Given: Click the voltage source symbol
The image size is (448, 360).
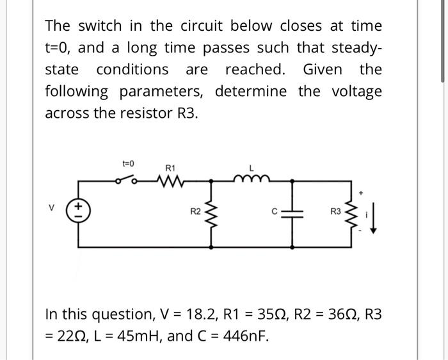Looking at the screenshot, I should coord(79,209).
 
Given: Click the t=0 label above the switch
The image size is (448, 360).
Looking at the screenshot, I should coord(128,164).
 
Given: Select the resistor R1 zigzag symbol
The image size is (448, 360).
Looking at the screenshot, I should coord(170,181).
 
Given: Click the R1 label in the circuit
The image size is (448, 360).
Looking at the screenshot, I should coord(170,167).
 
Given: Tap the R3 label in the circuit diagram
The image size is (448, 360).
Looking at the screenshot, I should coord(335,209).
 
